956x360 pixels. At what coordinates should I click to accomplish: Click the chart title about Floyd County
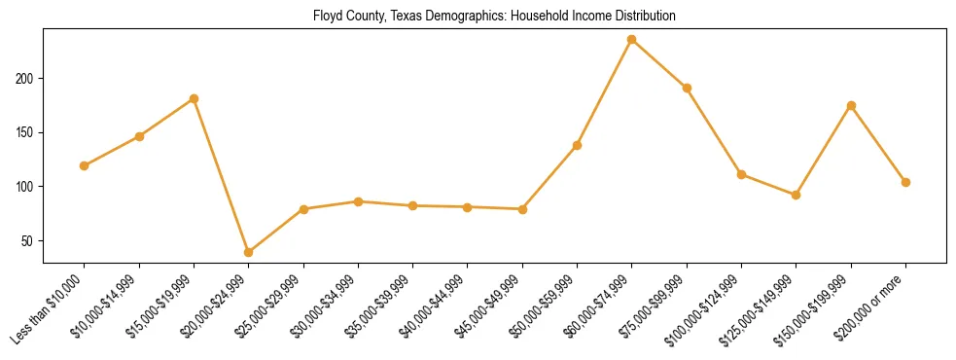coord(494,16)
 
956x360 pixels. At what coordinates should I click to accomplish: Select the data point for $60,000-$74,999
coord(632,40)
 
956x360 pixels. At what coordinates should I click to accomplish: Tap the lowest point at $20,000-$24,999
coord(249,252)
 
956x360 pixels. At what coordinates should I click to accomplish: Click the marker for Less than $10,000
coord(85,165)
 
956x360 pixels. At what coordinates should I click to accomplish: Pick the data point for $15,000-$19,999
coord(195,98)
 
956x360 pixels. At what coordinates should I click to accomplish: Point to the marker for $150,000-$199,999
coord(851,105)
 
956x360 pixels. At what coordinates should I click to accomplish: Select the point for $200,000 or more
coord(905,182)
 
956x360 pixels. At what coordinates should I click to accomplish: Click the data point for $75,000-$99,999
coord(687,88)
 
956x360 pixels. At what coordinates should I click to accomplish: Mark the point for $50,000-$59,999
coord(578,145)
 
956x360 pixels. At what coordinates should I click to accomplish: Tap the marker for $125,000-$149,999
coord(797,195)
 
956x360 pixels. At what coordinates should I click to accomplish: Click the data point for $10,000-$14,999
coord(139,136)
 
